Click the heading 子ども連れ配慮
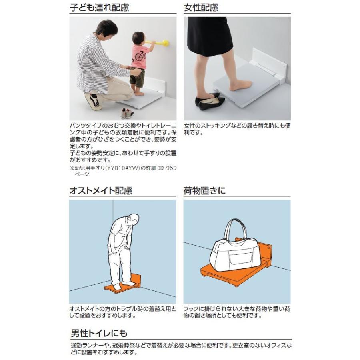coord(100,7)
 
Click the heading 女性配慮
coord(201,7)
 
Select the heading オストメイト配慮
coord(101,190)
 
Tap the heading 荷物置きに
coord(204,190)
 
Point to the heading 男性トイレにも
coord(99,333)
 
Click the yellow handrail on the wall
coord(158,43)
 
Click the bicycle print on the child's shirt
coord(140,56)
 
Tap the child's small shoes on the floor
coord(127,113)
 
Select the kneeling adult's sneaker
coord(93,102)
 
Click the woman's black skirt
coord(210,36)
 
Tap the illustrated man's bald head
coord(134,219)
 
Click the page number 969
coord(171,168)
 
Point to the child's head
coord(138,38)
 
